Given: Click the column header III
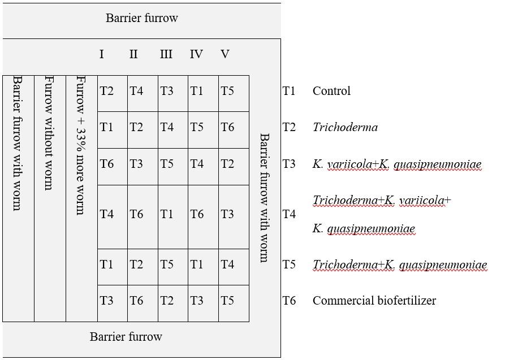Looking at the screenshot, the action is point(166,54).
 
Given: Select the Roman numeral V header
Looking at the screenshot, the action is point(225,54).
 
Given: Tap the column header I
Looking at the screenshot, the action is point(101,54).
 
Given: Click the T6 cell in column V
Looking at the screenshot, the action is point(227,127).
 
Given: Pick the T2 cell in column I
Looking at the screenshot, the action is point(107,91).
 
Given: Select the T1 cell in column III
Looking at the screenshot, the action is point(167,214).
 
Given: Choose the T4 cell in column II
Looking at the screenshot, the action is point(136,91).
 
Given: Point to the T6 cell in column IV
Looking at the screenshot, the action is point(197,214).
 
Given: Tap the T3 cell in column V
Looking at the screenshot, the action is point(227,214).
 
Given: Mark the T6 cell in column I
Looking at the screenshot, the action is point(107,164).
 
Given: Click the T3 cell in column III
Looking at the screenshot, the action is point(167,91).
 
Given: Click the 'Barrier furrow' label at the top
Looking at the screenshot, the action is point(142,18).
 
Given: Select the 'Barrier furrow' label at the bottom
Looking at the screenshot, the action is point(126,337).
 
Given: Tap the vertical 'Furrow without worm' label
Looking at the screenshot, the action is point(49,133).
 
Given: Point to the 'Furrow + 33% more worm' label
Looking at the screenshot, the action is point(80,145).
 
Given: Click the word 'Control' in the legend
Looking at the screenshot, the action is point(331,91).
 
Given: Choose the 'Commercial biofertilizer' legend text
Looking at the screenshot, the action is point(374,301).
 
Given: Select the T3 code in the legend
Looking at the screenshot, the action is point(289,164).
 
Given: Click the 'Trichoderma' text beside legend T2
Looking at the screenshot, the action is point(346,127).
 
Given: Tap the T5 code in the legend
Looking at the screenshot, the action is point(289,264).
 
